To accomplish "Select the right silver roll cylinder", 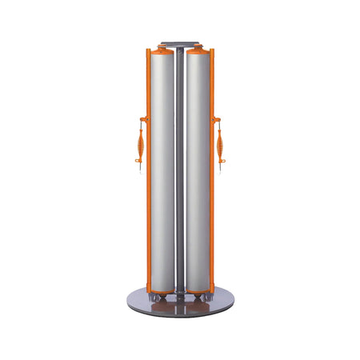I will (x=197, y=168).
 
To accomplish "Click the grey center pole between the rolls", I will (x=180, y=168).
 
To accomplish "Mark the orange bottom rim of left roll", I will (x=163, y=290).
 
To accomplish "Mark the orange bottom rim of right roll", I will (x=197, y=290).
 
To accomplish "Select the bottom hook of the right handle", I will (x=221, y=169).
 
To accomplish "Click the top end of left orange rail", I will (x=148, y=52).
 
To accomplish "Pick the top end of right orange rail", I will (x=212, y=52).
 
